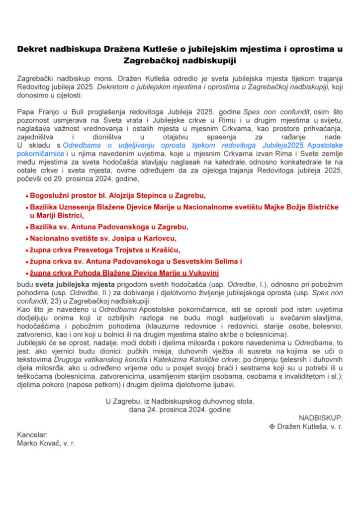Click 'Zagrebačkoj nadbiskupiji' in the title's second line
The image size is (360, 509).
[x=180, y=61]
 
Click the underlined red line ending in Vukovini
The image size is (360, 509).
[x=124, y=272]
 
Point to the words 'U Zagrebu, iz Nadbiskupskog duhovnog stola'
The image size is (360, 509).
[x=180, y=401]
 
